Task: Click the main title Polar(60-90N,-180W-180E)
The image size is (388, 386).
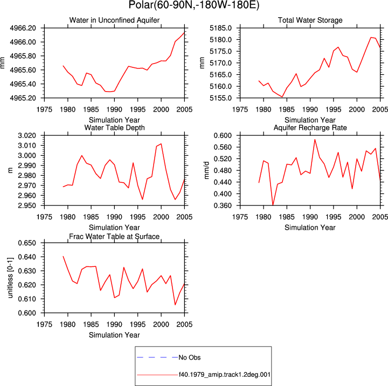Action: [x=194, y=5]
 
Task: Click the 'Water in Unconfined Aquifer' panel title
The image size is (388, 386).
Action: [x=114, y=20]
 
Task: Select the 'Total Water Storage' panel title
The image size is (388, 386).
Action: [x=310, y=20]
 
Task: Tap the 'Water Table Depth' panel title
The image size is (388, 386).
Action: [x=114, y=128]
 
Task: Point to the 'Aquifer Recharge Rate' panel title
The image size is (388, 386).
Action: [x=310, y=128]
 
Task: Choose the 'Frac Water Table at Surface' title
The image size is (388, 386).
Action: [x=114, y=237]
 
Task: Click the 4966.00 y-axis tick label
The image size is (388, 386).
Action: [x=23, y=42]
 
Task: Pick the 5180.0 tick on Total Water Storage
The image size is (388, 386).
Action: [x=221, y=40]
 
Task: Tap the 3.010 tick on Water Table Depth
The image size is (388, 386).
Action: [x=27, y=146]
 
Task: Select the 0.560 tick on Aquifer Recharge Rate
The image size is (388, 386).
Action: [x=223, y=147]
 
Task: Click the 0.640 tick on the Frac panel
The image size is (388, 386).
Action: [x=27, y=257]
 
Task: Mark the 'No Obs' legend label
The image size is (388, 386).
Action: [x=190, y=357]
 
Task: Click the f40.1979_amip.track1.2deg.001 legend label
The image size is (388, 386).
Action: [x=224, y=375]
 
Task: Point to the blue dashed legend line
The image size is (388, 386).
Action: [x=157, y=357]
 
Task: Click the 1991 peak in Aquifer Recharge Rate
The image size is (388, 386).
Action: [x=315, y=140]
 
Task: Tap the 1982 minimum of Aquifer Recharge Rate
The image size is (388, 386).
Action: [x=273, y=205]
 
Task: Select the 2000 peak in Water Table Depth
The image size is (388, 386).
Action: [x=161, y=144]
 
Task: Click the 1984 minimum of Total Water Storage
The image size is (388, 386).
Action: [x=282, y=96]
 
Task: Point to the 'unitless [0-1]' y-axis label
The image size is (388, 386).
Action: [x=10, y=278]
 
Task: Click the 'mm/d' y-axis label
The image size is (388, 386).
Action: [x=206, y=170]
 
